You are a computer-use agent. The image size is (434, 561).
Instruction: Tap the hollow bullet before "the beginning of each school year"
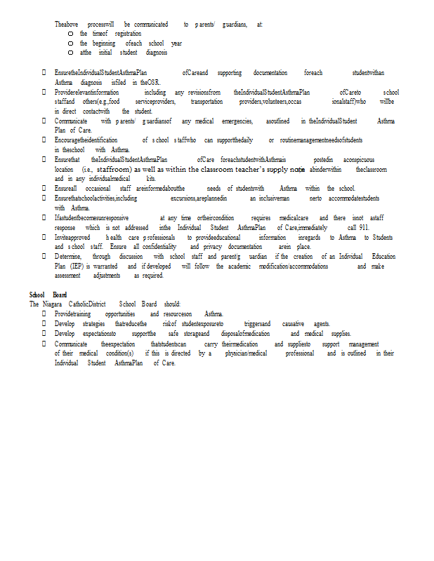(71, 43)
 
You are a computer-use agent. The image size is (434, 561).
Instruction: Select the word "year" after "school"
(176, 43)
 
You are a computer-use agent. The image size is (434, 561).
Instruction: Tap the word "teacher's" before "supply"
(246, 169)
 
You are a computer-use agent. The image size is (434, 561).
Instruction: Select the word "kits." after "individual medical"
(151, 179)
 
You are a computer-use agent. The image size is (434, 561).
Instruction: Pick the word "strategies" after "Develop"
(93, 323)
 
